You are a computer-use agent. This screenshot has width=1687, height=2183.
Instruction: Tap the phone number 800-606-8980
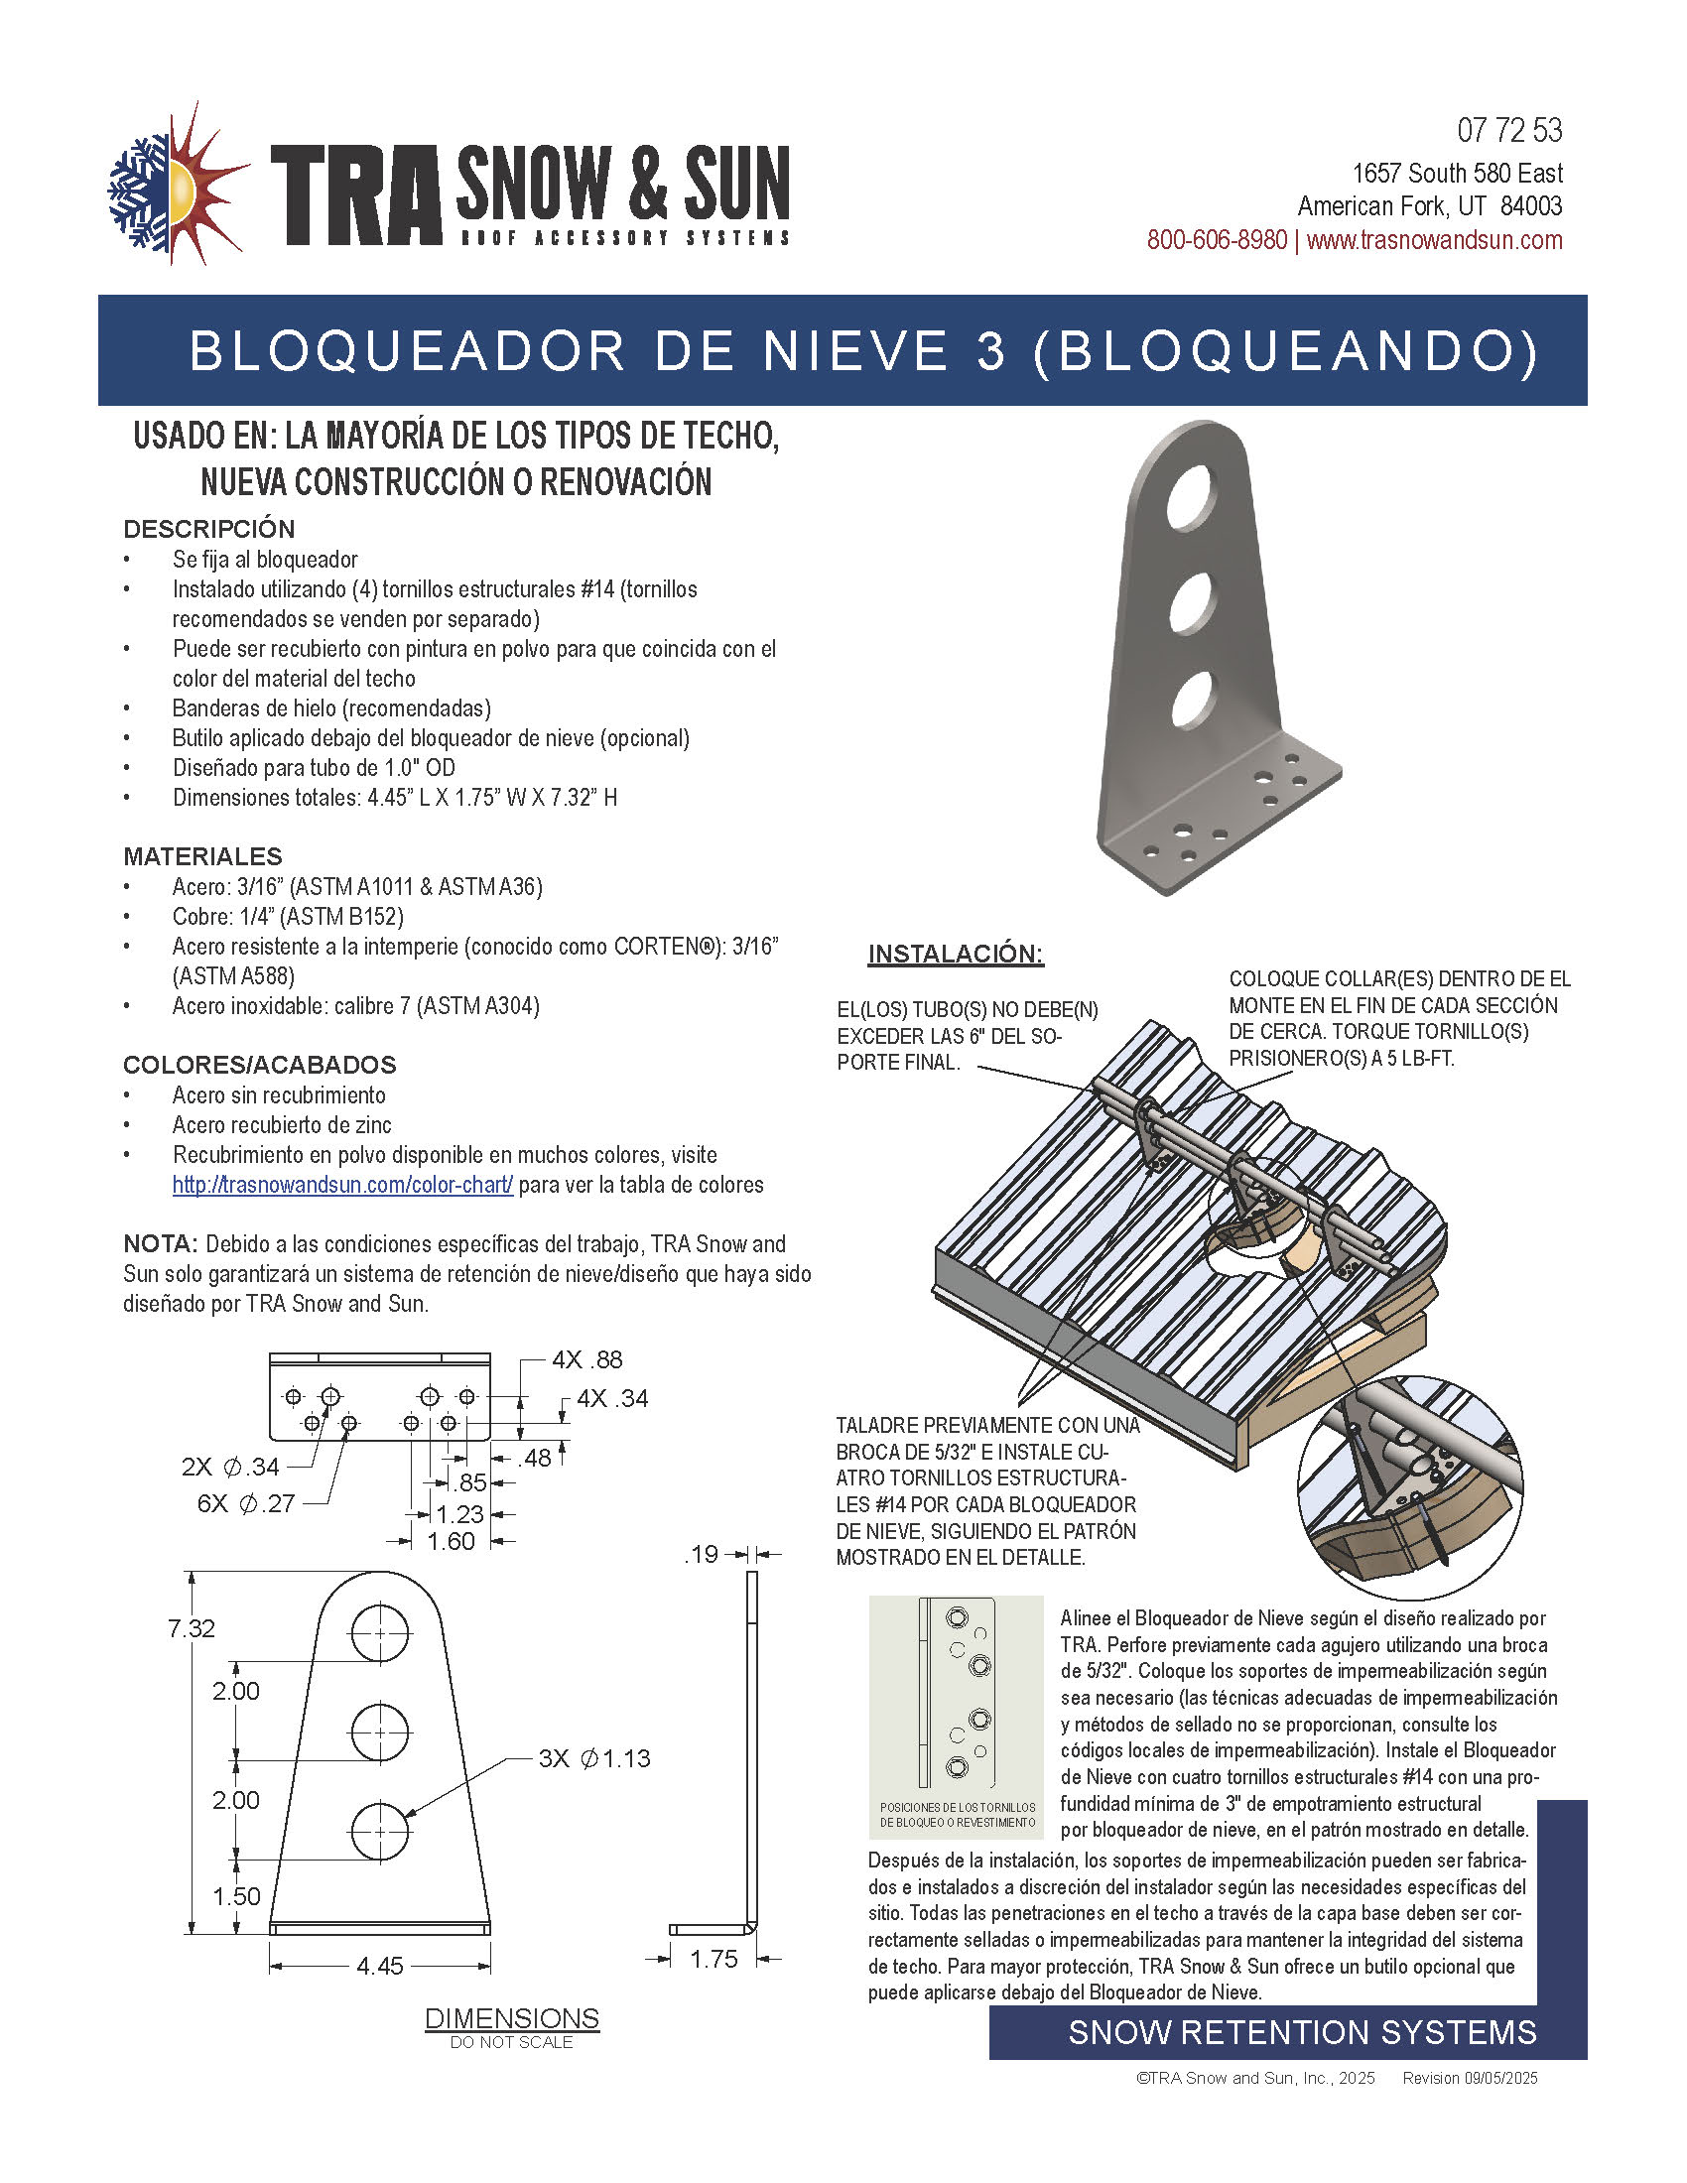[1217, 240]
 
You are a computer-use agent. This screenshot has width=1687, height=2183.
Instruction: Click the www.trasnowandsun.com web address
[1434, 240]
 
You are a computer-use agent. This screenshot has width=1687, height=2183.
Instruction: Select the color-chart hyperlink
[342, 1185]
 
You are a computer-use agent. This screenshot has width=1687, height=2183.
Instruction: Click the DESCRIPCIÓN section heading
[208, 529]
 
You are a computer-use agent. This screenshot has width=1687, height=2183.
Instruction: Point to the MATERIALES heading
[202, 856]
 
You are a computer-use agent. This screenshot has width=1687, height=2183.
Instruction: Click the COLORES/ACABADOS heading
[260, 1065]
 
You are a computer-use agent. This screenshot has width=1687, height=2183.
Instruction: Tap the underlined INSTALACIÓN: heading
[956, 954]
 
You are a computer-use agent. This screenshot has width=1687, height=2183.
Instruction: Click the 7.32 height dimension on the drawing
[192, 1628]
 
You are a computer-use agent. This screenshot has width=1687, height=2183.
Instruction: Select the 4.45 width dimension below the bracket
[380, 1966]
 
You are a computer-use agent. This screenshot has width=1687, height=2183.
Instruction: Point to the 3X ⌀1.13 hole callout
[594, 1758]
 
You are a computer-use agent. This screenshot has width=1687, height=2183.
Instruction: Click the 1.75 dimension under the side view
[714, 1959]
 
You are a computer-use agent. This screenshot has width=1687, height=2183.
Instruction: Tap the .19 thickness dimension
[702, 1554]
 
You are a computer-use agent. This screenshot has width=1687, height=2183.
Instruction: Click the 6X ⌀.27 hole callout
[246, 1503]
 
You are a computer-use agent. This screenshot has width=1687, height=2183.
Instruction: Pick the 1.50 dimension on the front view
[237, 1896]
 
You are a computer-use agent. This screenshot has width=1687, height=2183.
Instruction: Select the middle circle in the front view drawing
[380, 1733]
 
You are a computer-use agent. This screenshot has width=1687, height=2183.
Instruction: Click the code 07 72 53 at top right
[1509, 130]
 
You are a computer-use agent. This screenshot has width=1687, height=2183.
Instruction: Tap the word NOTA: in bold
[160, 1244]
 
